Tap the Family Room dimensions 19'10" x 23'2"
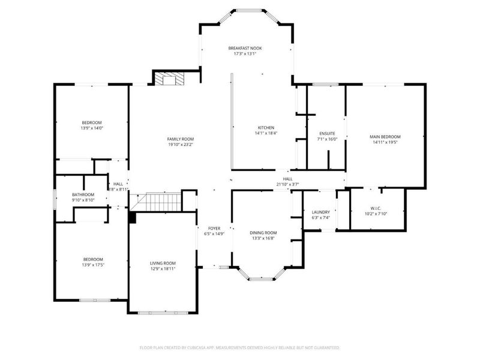180,145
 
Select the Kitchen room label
266,128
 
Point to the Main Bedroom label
385,137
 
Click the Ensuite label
327,133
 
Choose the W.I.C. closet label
376,208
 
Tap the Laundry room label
321,212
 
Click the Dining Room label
263,232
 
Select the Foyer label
214,229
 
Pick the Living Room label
163,263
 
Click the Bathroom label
83,194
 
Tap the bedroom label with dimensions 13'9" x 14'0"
92,122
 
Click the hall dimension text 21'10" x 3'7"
287,184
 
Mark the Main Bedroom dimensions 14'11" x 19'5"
385,143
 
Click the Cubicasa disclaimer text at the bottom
240,347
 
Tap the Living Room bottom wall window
162,312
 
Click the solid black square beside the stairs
132,218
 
